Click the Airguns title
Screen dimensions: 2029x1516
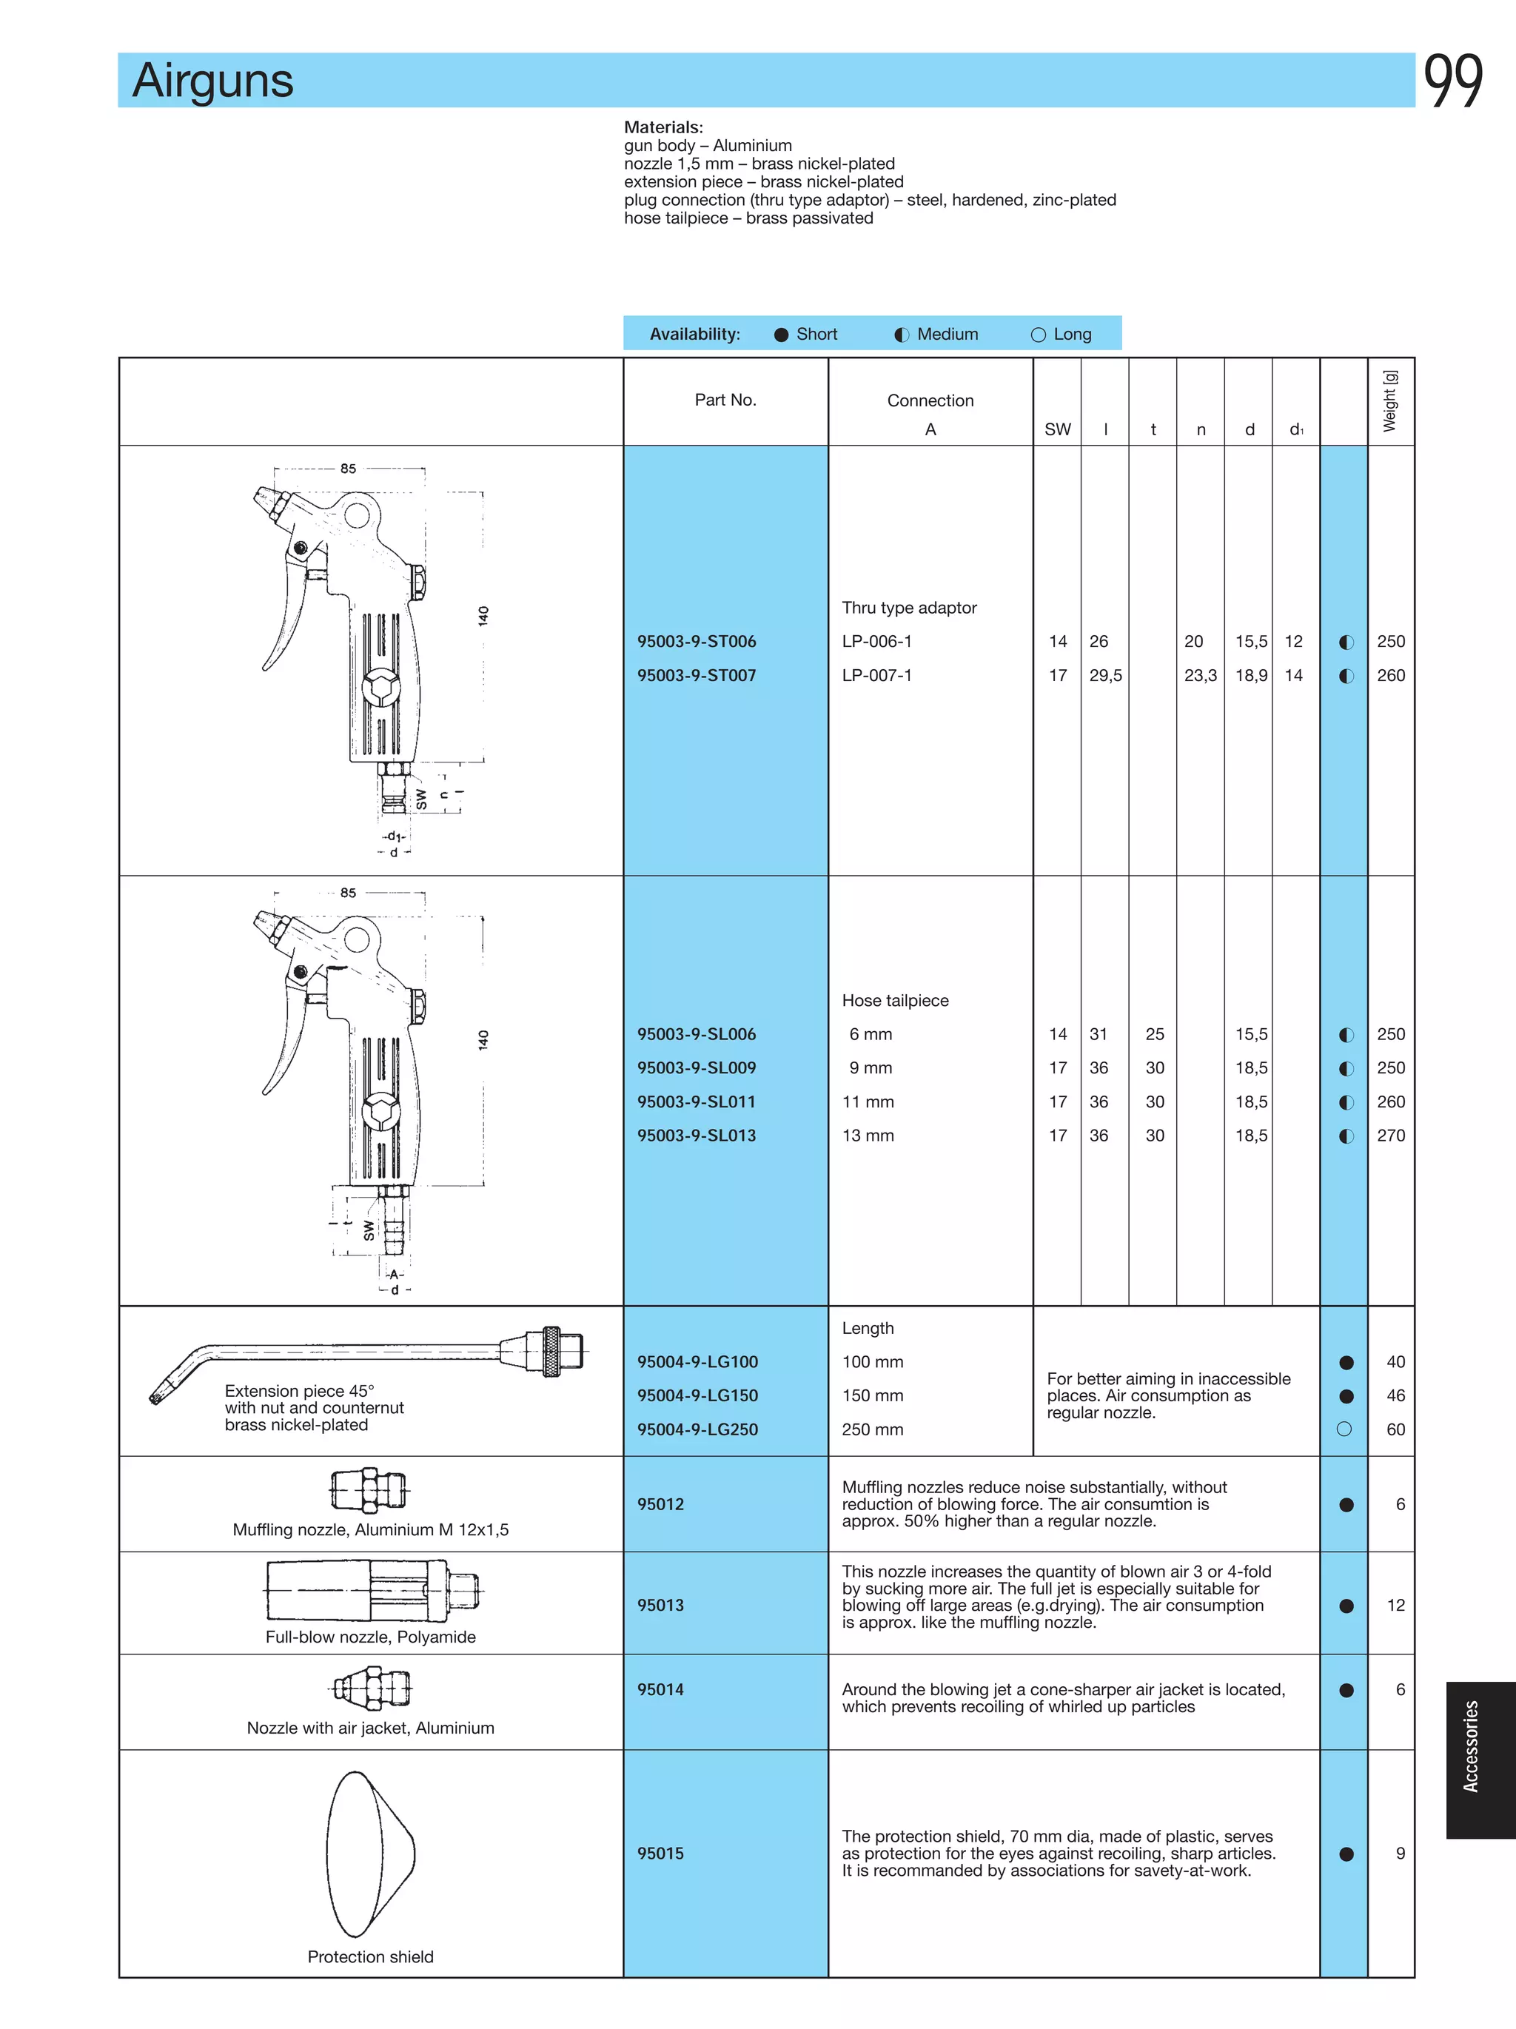click(212, 81)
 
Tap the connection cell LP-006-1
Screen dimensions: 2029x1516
click(876, 641)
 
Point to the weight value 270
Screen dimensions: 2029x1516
click(1390, 1136)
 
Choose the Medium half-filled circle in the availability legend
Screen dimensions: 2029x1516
click(902, 335)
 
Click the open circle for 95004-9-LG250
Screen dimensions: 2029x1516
click(1344, 1429)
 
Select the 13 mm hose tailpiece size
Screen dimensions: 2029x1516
click(868, 1136)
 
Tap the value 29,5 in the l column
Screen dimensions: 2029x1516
click(1105, 675)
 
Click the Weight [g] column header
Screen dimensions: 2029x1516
click(1390, 401)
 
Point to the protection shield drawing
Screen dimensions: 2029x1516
click(369, 1854)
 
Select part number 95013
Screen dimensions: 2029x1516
click(660, 1606)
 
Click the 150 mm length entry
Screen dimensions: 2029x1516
click(872, 1395)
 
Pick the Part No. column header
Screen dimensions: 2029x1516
click(725, 400)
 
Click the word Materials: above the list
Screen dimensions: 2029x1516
click(663, 127)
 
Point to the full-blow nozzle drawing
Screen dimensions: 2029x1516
click(372, 1592)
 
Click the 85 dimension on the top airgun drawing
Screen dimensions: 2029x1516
click(348, 469)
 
